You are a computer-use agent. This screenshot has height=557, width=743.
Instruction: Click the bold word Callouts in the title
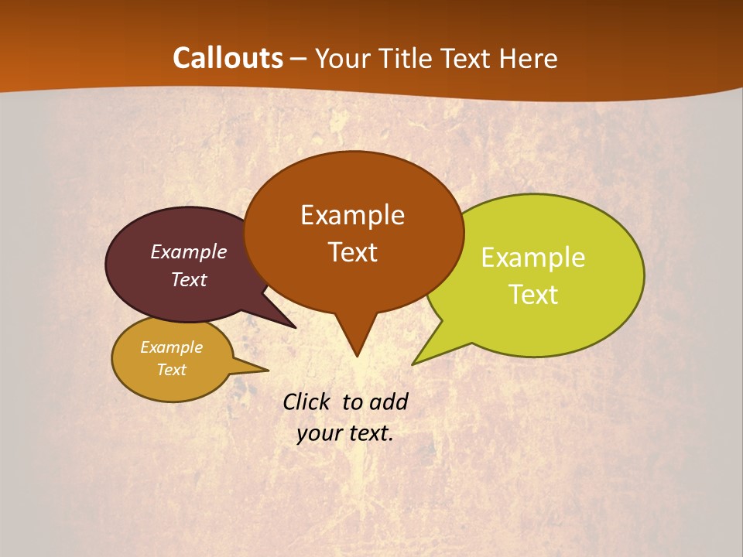[228, 58]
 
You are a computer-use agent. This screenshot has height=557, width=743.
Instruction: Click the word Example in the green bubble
[533, 258]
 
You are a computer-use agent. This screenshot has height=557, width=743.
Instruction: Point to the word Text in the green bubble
[533, 295]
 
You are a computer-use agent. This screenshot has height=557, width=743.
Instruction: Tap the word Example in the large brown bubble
[352, 215]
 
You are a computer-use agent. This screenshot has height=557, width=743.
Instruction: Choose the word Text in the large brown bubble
[352, 252]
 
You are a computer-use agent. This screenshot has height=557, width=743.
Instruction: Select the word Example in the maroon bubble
[189, 252]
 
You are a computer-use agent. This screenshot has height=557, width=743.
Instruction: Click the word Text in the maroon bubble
[189, 279]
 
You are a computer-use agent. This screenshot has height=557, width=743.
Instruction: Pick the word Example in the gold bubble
[171, 347]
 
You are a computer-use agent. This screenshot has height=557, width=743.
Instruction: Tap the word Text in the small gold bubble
[171, 370]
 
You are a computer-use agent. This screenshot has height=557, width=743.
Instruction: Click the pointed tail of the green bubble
[418, 360]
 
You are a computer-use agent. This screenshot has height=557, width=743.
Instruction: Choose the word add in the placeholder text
[389, 402]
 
